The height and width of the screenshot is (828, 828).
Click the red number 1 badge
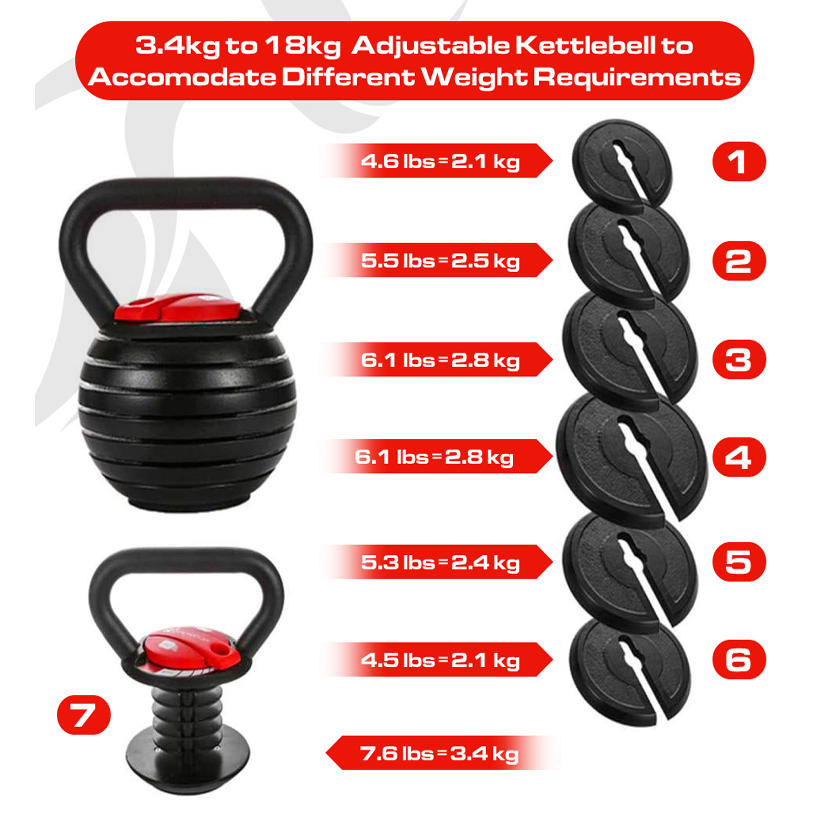tap(739, 161)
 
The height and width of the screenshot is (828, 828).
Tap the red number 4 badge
tap(739, 457)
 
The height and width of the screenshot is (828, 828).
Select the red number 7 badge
tap(84, 714)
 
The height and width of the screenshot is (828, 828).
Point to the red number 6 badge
tap(739, 659)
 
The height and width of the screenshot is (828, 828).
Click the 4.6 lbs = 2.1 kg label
tap(440, 161)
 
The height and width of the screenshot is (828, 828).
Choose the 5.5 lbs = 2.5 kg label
tap(440, 261)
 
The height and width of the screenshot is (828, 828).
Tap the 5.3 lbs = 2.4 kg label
tap(440, 562)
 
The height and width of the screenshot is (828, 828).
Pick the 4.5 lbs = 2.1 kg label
tap(440, 660)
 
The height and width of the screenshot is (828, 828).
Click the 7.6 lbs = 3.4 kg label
tap(439, 753)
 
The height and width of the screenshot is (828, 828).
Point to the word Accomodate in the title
tap(182, 77)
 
